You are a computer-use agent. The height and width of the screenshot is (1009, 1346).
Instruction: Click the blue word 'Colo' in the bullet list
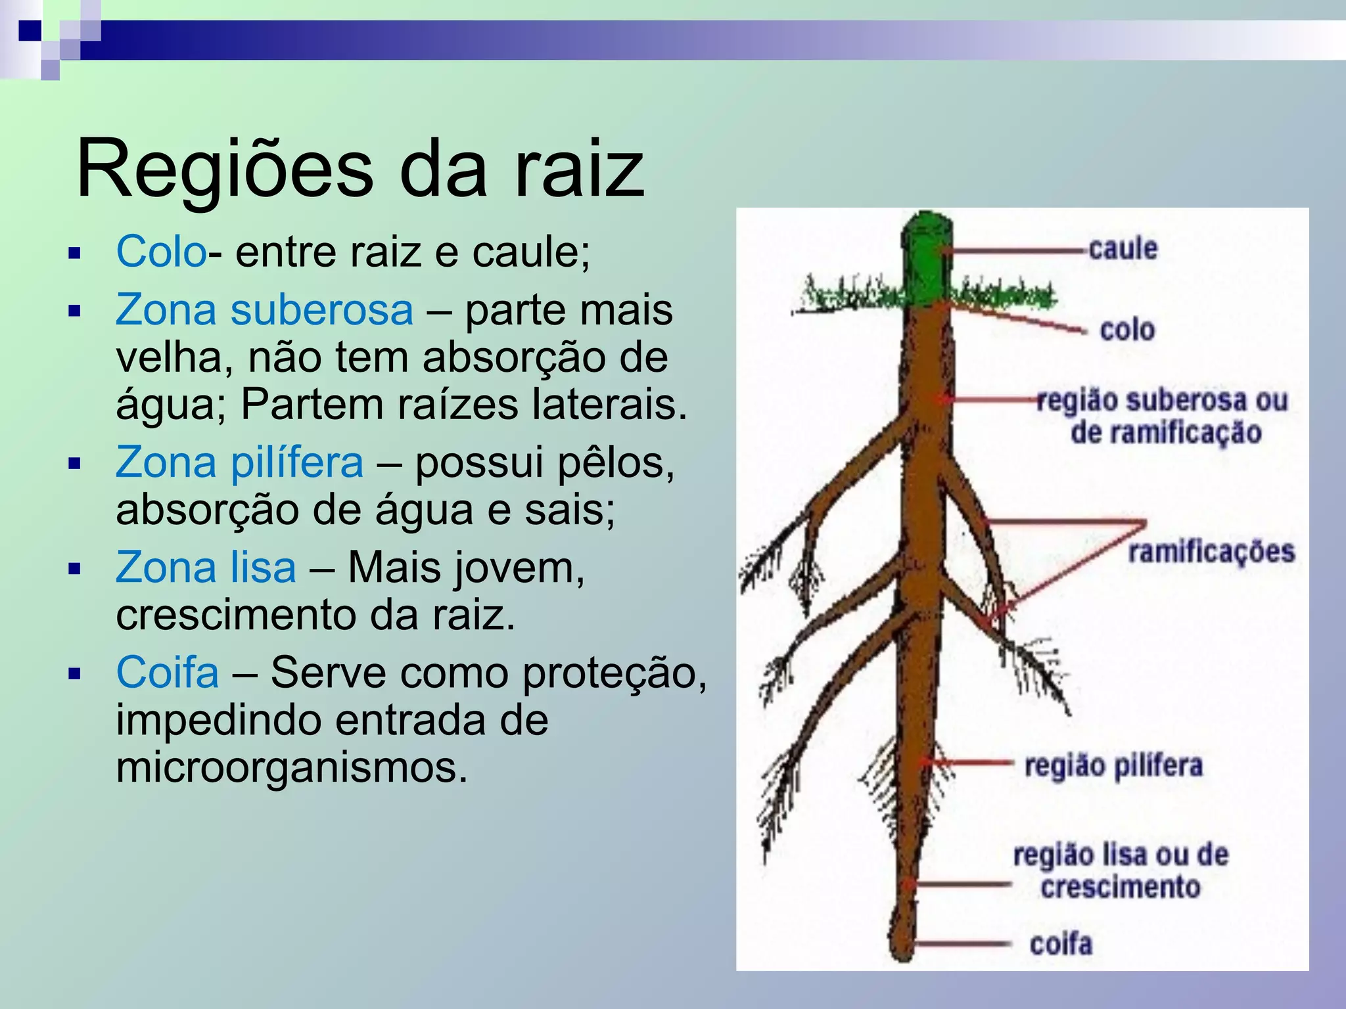[161, 252]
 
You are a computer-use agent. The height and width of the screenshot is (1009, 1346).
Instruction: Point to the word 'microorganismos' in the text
[292, 767]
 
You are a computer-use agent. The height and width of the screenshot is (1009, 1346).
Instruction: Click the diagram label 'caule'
[1123, 249]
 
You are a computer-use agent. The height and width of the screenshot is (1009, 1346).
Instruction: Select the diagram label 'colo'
[1127, 330]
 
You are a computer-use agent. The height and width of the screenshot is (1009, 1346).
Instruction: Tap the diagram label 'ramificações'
[1211, 552]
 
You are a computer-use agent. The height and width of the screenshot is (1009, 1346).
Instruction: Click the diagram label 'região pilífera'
[1113, 766]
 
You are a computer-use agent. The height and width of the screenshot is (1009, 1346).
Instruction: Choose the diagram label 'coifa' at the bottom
[1061, 944]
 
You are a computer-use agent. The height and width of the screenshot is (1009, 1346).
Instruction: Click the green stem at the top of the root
[926, 259]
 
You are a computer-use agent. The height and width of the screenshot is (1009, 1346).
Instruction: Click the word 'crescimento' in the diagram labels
[1121, 887]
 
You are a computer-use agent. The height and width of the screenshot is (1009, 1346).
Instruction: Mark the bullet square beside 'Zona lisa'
[74, 569]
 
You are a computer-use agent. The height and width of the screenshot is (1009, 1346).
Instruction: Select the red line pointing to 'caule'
[1015, 250]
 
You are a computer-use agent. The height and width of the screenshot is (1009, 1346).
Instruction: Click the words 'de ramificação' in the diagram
[1167, 433]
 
